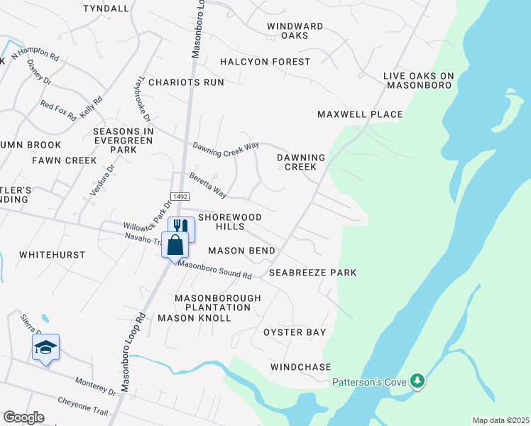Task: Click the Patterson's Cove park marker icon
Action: [x=419, y=382]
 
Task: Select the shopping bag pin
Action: [x=175, y=245]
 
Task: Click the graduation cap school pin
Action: [x=45, y=347]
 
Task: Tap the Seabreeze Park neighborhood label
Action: [x=312, y=273]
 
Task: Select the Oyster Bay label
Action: [x=295, y=332]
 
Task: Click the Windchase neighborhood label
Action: [x=300, y=367]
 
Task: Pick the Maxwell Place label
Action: [x=360, y=114]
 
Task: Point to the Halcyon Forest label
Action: [x=265, y=62]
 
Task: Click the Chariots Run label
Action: [x=182, y=82]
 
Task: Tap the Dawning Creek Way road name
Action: [x=226, y=146]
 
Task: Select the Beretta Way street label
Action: [x=207, y=184]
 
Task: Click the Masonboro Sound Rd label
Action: [x=215, y=270]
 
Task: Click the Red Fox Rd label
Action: [x=58, y=111]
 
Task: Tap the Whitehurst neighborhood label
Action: [x=52, y=255]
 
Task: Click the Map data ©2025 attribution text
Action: [x=500, y=420]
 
